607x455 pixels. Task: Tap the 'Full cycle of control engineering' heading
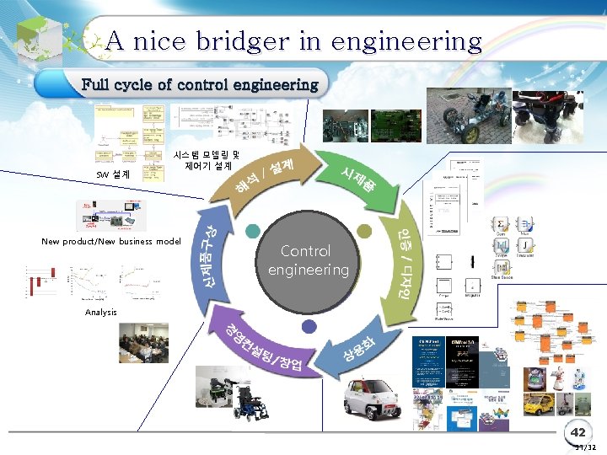coord(199,84)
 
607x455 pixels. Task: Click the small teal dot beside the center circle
coord(252,231)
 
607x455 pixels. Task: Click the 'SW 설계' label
coord(112,174)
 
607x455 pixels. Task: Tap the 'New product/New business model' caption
coord(111,242)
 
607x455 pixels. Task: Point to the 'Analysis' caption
coord(101,313)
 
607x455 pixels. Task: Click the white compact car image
coord(372,396)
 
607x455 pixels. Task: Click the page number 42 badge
coord(577,432)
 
